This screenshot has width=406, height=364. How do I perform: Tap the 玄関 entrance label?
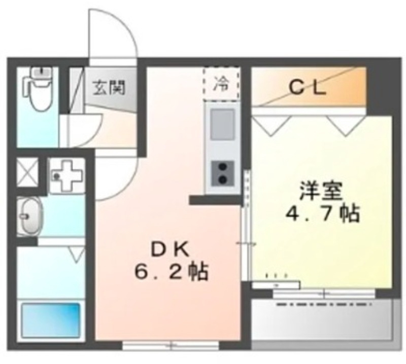[108, 88]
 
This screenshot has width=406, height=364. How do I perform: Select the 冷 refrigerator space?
[221, 84]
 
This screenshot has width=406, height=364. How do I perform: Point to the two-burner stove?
[222, 172]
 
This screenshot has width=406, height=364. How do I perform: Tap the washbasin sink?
[30, 215]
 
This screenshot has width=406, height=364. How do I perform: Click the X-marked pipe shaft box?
[27, 171]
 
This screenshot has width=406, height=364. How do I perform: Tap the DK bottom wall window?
[171, 346]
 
